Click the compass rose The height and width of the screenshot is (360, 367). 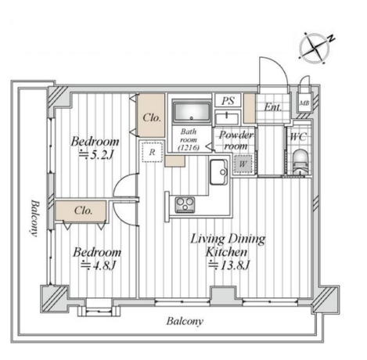pos(314,49)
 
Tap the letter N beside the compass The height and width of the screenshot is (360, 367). pos(331,39)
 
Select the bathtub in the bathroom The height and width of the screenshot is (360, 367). pos(192,110)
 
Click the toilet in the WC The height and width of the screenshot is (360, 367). pos(300,162)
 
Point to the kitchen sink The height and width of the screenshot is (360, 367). pos(218,172)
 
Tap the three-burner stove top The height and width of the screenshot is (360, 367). pos(185,204)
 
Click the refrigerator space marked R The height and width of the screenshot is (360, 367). pos(152,152)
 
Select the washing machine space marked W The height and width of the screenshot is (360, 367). pos(243,164)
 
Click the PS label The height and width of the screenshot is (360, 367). pos(228,101)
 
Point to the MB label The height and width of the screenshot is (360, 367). pos(304,103)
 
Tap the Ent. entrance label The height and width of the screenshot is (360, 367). pos(272,107)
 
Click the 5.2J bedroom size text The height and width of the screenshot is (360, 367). pos(96,156)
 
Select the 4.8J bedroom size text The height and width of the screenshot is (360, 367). pos(99,266)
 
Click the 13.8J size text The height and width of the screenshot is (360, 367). pos(229,265)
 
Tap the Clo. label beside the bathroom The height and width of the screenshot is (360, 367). pos(151,118)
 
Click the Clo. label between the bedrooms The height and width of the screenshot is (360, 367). pos(83,211)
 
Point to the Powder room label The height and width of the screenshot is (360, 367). pos(236,140)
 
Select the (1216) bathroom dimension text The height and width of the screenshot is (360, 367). pos(189,148)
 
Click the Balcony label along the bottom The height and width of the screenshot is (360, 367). pos(185,322)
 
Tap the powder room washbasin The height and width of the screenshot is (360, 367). pos(227,118)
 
